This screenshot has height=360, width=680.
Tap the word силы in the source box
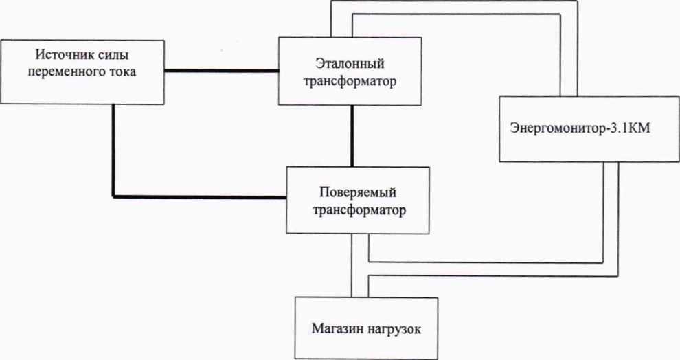pos(112,54)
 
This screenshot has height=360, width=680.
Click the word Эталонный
pos(350,64)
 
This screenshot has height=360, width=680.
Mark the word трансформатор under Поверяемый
pos(358,209)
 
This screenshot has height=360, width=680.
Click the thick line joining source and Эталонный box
pos(221,70)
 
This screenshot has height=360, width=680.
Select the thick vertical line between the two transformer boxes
pos(352,136)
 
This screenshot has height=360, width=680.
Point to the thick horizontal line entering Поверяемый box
pos(199,197)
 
